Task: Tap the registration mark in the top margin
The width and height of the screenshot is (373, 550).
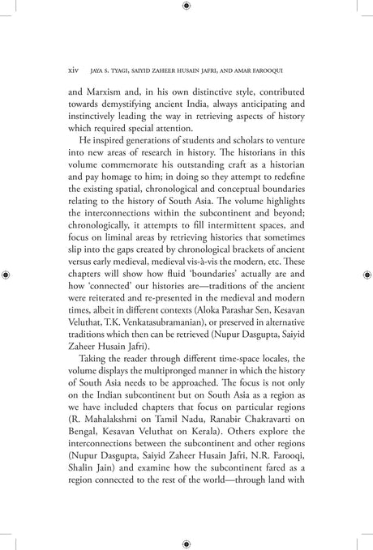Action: [x=186, y=6]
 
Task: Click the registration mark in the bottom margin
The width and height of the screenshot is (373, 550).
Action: [x=186, y=544]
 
